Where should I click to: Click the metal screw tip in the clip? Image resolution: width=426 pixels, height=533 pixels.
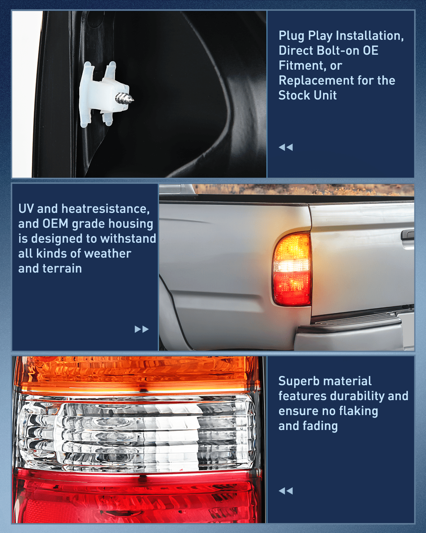coord(125,98)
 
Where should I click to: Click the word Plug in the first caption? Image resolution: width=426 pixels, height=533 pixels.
coord(292,36)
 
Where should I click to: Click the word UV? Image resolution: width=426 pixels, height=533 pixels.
coord(26,209)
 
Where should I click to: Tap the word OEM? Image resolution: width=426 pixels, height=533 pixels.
coord(55,224)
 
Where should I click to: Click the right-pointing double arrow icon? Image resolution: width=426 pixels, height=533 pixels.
coord(141,329)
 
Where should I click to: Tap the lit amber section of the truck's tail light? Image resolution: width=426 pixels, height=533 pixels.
coord(291,247)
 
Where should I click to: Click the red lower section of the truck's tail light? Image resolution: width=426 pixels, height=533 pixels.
coord(291,287)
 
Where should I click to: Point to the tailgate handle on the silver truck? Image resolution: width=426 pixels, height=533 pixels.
coord(408,235)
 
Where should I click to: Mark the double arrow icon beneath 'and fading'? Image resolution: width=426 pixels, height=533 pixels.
coord(286,491)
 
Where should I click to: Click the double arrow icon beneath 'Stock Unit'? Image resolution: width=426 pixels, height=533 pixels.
coord(286,147)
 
